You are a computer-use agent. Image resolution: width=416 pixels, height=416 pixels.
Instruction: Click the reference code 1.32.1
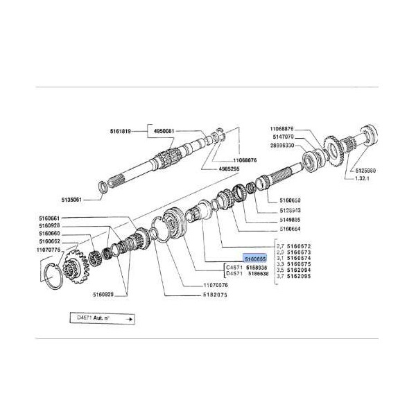pyautogui.click(x=364, y=179)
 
